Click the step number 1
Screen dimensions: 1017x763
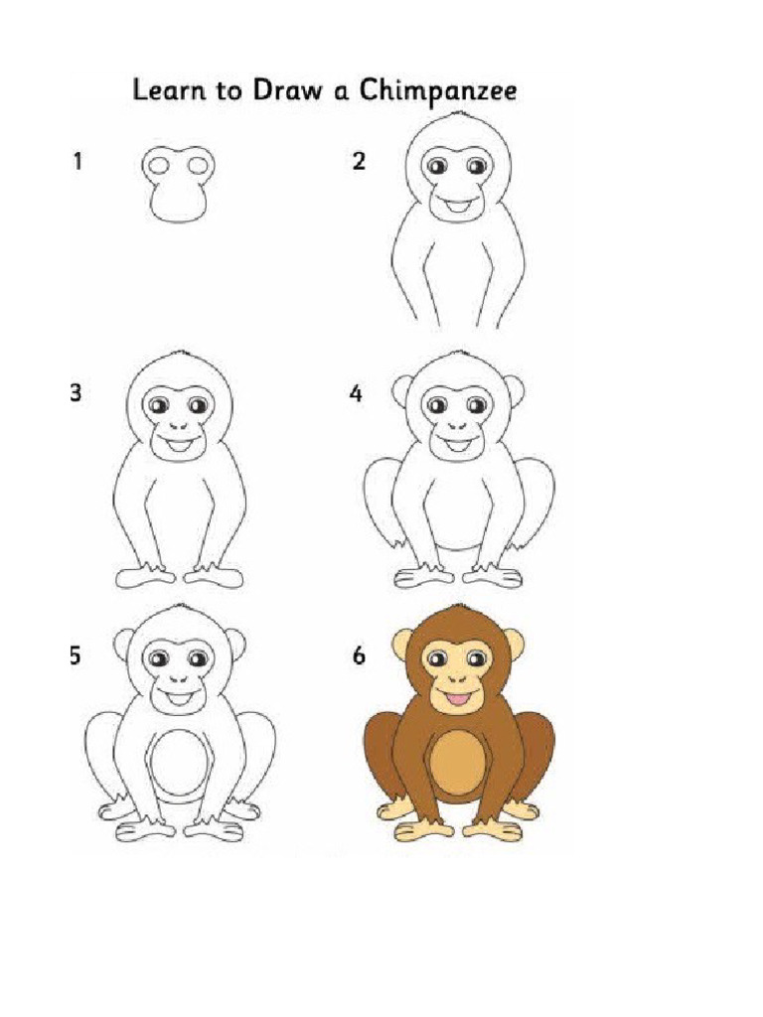pos(76,161)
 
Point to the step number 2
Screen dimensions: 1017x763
pos(359,161)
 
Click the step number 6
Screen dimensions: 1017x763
pos(358,656)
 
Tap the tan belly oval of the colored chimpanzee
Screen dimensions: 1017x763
pos(458,764)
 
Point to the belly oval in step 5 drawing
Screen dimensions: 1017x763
pos(180,765)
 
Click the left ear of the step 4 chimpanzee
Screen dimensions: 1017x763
pos(401,391)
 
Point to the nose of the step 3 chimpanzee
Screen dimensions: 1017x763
pos(180,426)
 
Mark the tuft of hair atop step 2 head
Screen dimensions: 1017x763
pos(458,116)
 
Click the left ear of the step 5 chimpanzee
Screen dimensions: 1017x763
pos(123,647)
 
